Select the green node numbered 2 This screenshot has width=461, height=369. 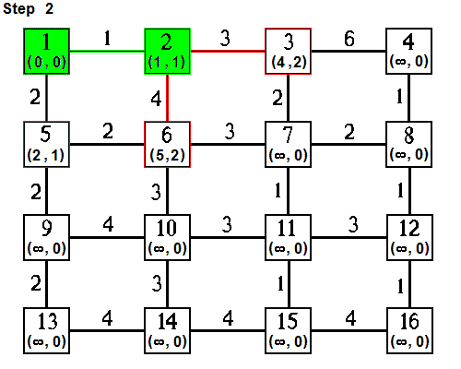coord(168,52)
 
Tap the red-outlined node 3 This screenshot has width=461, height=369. coord(288,52)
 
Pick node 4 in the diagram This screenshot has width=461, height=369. coord(408,52)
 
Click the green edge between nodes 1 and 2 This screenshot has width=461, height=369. coord(108,52)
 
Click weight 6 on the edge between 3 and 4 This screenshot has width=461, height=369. coord(348,40)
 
